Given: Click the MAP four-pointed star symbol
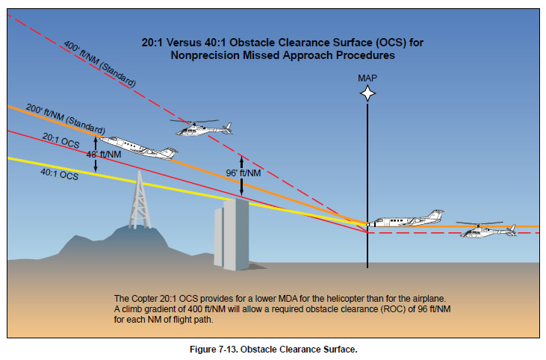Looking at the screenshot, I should pos(367,93).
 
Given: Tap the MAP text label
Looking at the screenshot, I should pos(367,78).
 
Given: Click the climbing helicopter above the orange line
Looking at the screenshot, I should pos(198,128).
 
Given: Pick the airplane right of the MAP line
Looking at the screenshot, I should pos(407,220).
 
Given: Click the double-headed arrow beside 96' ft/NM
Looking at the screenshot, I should pos(241,173).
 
